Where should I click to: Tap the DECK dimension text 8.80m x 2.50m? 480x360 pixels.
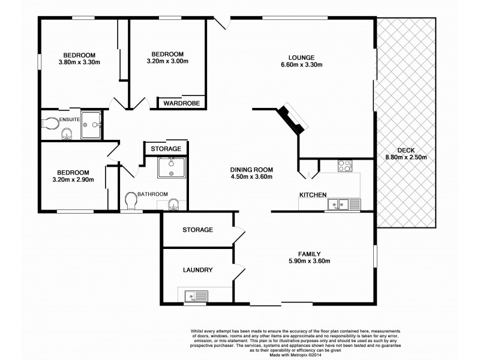405,158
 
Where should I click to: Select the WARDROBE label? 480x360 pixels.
182,103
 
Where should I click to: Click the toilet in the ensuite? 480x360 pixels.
52,123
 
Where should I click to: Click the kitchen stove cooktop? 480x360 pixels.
344,166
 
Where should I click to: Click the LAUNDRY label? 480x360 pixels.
197,270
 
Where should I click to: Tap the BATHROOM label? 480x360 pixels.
152,194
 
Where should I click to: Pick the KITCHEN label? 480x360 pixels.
313,194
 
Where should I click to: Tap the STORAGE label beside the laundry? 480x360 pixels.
197,230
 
